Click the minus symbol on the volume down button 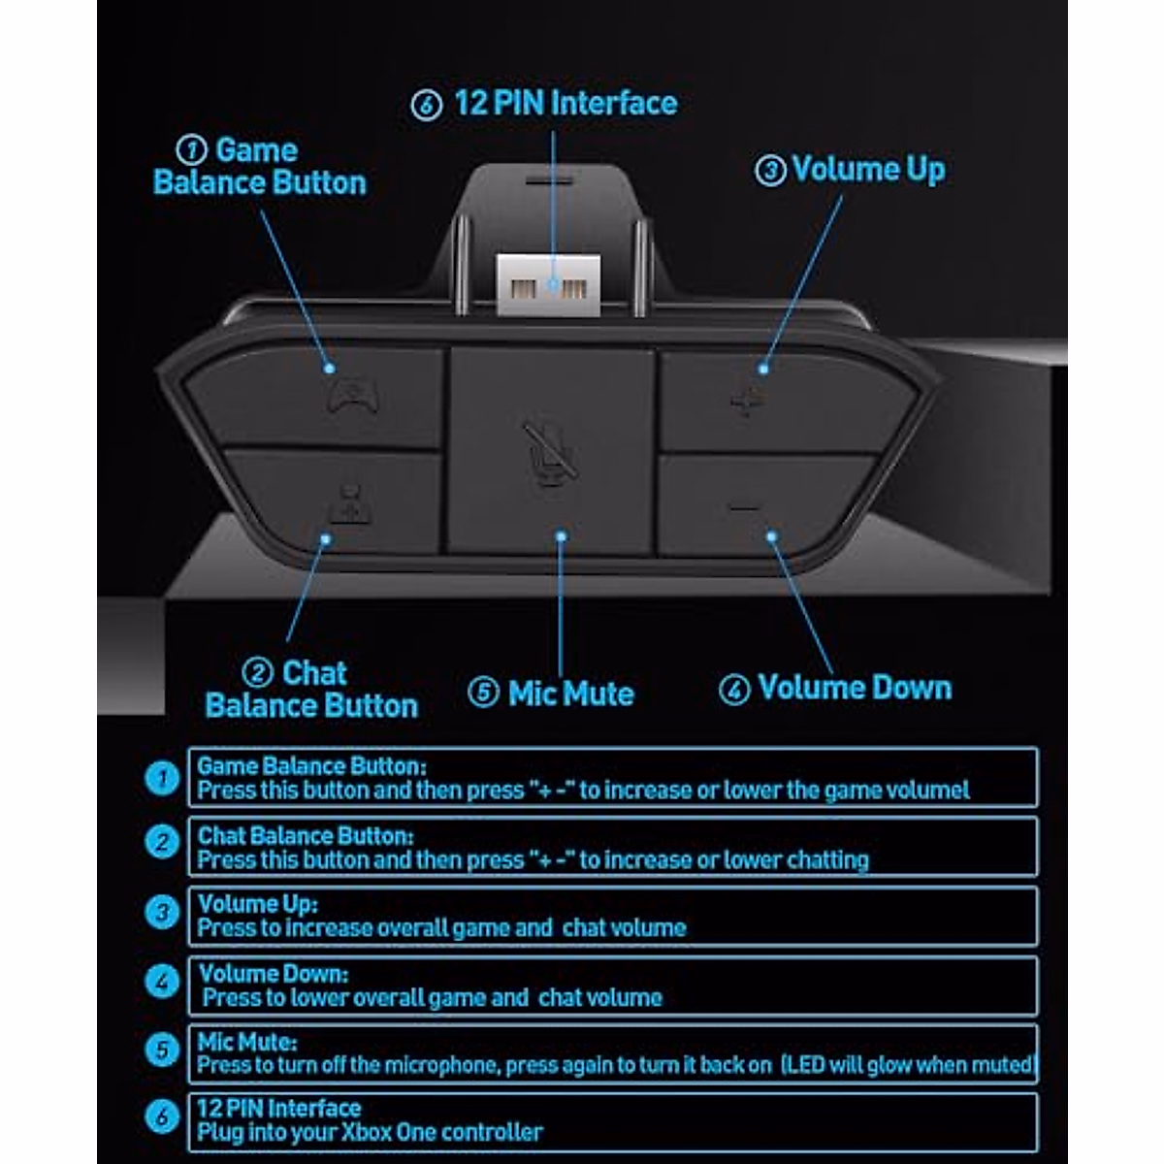[x=744, y=506]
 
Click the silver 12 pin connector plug [x=549, y=285]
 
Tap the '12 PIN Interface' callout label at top [x=565, y=104]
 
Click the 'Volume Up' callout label [x=867, y=170]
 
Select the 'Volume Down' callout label [x=854, y=688]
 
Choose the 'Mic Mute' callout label [x=570, y=694]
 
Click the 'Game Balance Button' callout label [x=260, y=167]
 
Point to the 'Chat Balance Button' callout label [x=311, y=690]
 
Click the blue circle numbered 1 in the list [x=162, y=778]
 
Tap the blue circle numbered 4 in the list [x=162, y=982]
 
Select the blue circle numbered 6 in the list [x=162, y=1117]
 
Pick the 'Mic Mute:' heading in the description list [x=246, y=1043]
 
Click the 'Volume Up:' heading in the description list [x=257, y=904]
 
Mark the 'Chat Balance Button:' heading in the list [x=306, y=835]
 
